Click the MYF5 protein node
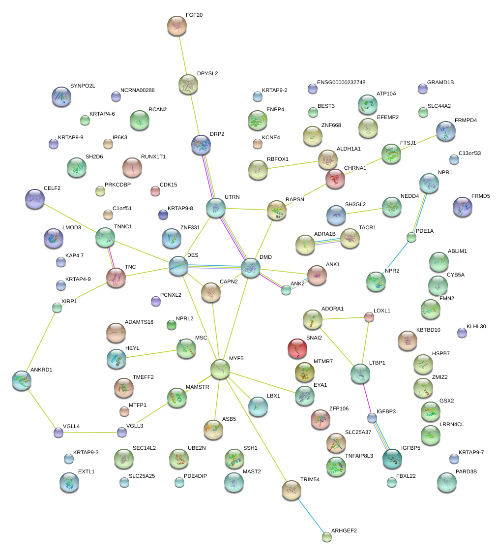pyautogui.click(x=220, y=369)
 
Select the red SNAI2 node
pyautogui.click(x=297, y=348)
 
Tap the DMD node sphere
pyautogui.click(x=251, y=268)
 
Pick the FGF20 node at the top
pyautogui.click(x=177, y=26)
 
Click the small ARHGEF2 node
pyautogui.click(x=327, y=537)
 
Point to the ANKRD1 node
pyautogui.click(x=22, y=380)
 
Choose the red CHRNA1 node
pyautogui.click(x=335, y=179)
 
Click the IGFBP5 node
pyautogui.click(x=392, y=458)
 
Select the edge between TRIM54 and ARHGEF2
pyautogui.click(x=310, y=514)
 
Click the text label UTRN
pyautogui.click(x=232, y=197)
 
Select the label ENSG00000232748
pyautogui.click(x=341, y=82)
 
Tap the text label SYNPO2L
pyautogui.click(x=83, y=86)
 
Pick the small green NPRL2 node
pyautogui.click(x=171, y=325)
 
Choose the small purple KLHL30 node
pyautogui.click(x=462, y=333)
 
